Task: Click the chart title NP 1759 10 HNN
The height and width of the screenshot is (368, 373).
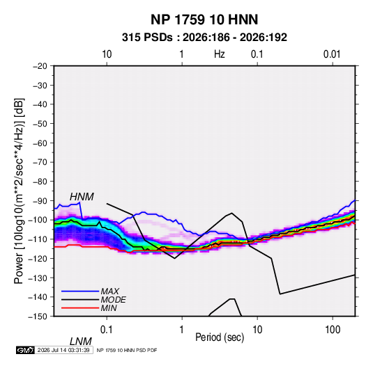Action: [204, 19]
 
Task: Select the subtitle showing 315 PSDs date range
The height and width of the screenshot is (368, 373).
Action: [204, 38]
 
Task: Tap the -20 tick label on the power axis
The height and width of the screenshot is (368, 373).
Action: [40, 66]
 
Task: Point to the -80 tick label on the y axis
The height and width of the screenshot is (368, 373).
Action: [40, 182]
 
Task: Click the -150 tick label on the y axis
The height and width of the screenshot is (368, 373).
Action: [38, 317]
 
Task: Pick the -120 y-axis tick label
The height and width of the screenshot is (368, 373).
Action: [38, 258]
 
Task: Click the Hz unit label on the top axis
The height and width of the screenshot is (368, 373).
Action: [220, 54]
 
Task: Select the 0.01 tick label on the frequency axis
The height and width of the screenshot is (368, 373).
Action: [332, 54]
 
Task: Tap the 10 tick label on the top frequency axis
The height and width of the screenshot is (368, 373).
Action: [107, 54]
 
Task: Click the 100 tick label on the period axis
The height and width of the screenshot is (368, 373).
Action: [333, 330]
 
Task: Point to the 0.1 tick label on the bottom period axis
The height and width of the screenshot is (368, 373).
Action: [107, 330]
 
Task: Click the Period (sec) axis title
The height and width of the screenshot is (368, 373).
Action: [220, 337]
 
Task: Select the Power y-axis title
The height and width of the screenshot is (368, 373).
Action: [19, 191]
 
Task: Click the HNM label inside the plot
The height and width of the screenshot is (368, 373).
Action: [82, 197]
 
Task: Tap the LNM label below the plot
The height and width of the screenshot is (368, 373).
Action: [80, 342]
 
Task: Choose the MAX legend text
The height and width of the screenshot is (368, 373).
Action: [109, 291]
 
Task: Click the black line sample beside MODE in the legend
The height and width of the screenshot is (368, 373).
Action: [80, 300]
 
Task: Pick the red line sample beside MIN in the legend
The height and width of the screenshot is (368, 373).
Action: [80, 308]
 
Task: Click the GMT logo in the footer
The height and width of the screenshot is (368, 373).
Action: [26, 350]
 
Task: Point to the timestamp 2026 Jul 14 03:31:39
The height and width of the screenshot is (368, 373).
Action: [63, 350]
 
